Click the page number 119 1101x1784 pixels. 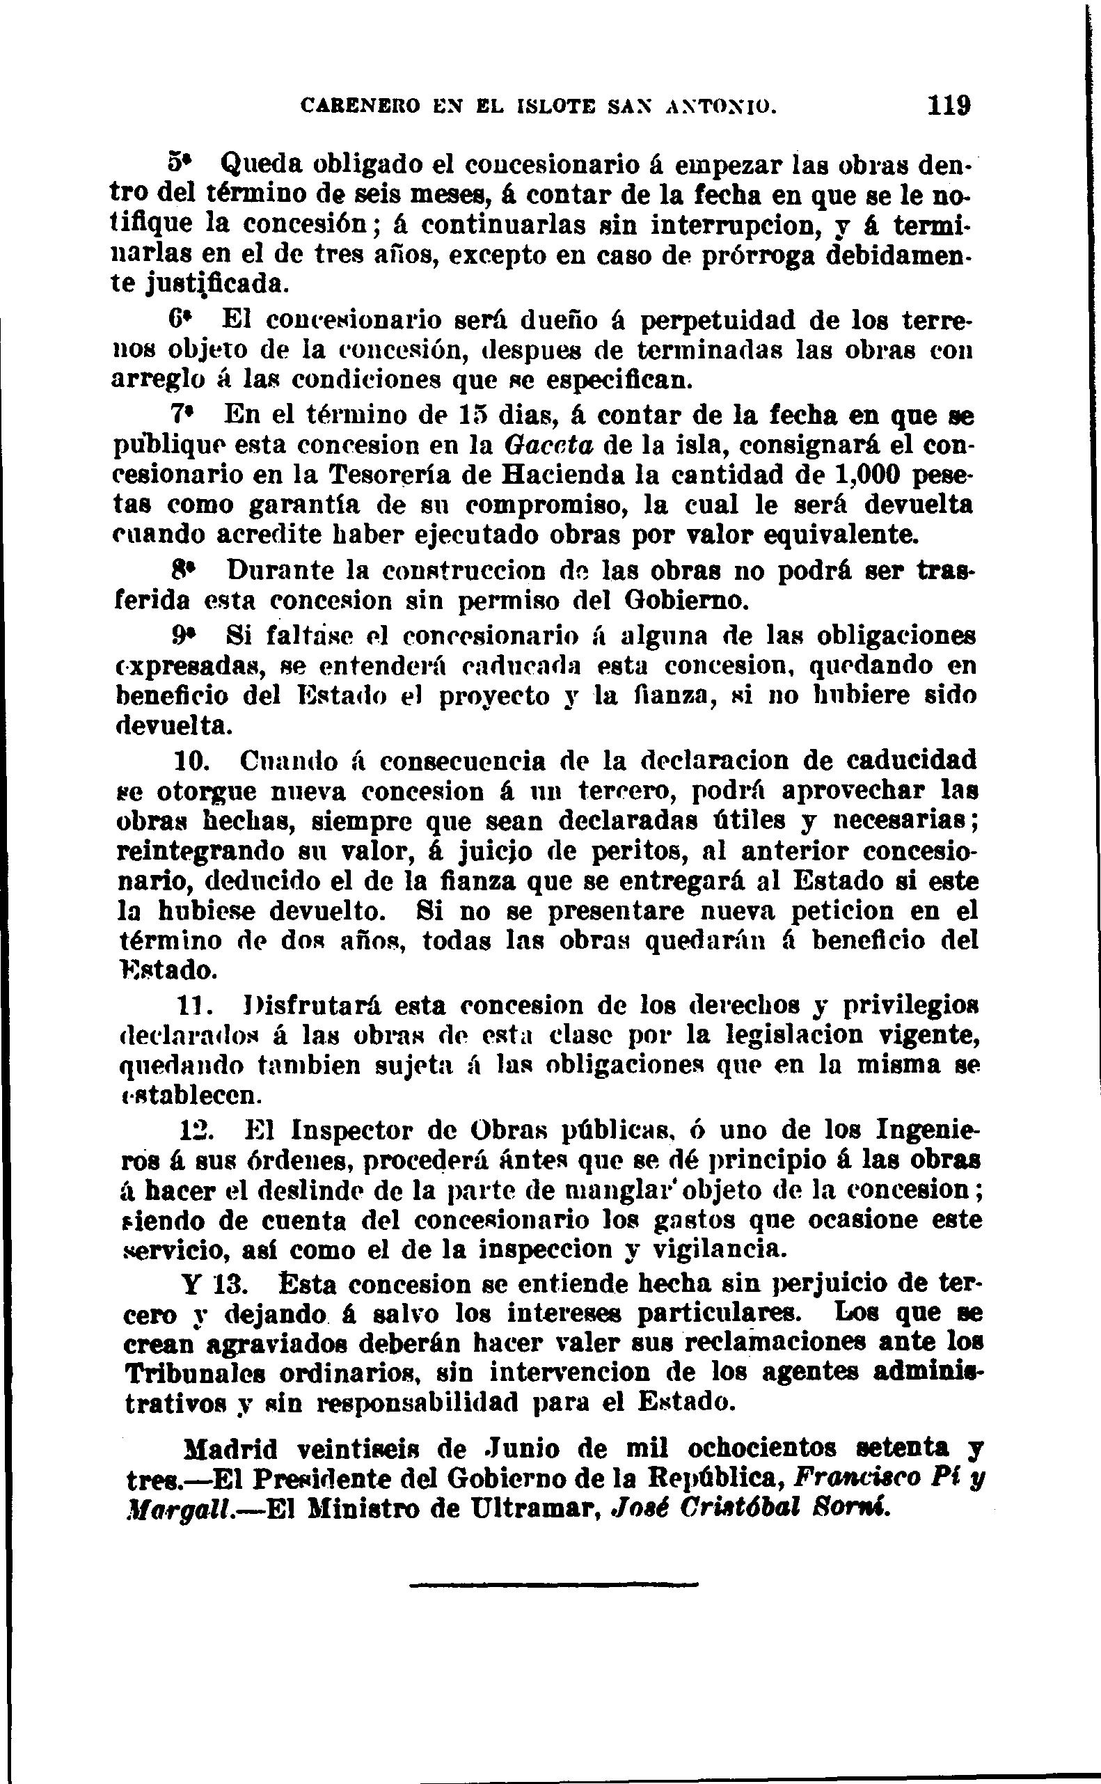tap(949, 105)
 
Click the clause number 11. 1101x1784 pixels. tap(195, 1006)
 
